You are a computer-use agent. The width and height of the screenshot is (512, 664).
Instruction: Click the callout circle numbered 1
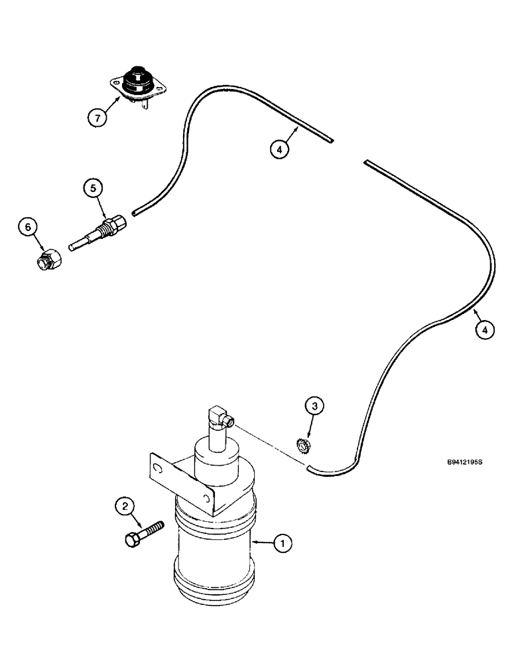[x=283, y=544]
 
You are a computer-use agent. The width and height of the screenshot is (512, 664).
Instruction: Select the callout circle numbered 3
[x=315, y=406]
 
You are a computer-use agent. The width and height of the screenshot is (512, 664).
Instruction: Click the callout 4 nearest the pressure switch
[x=279, y=150]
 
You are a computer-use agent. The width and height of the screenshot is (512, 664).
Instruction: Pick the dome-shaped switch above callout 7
[x=139, y=80]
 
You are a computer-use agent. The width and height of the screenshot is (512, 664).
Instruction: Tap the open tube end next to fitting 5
[x=135, y=212]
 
